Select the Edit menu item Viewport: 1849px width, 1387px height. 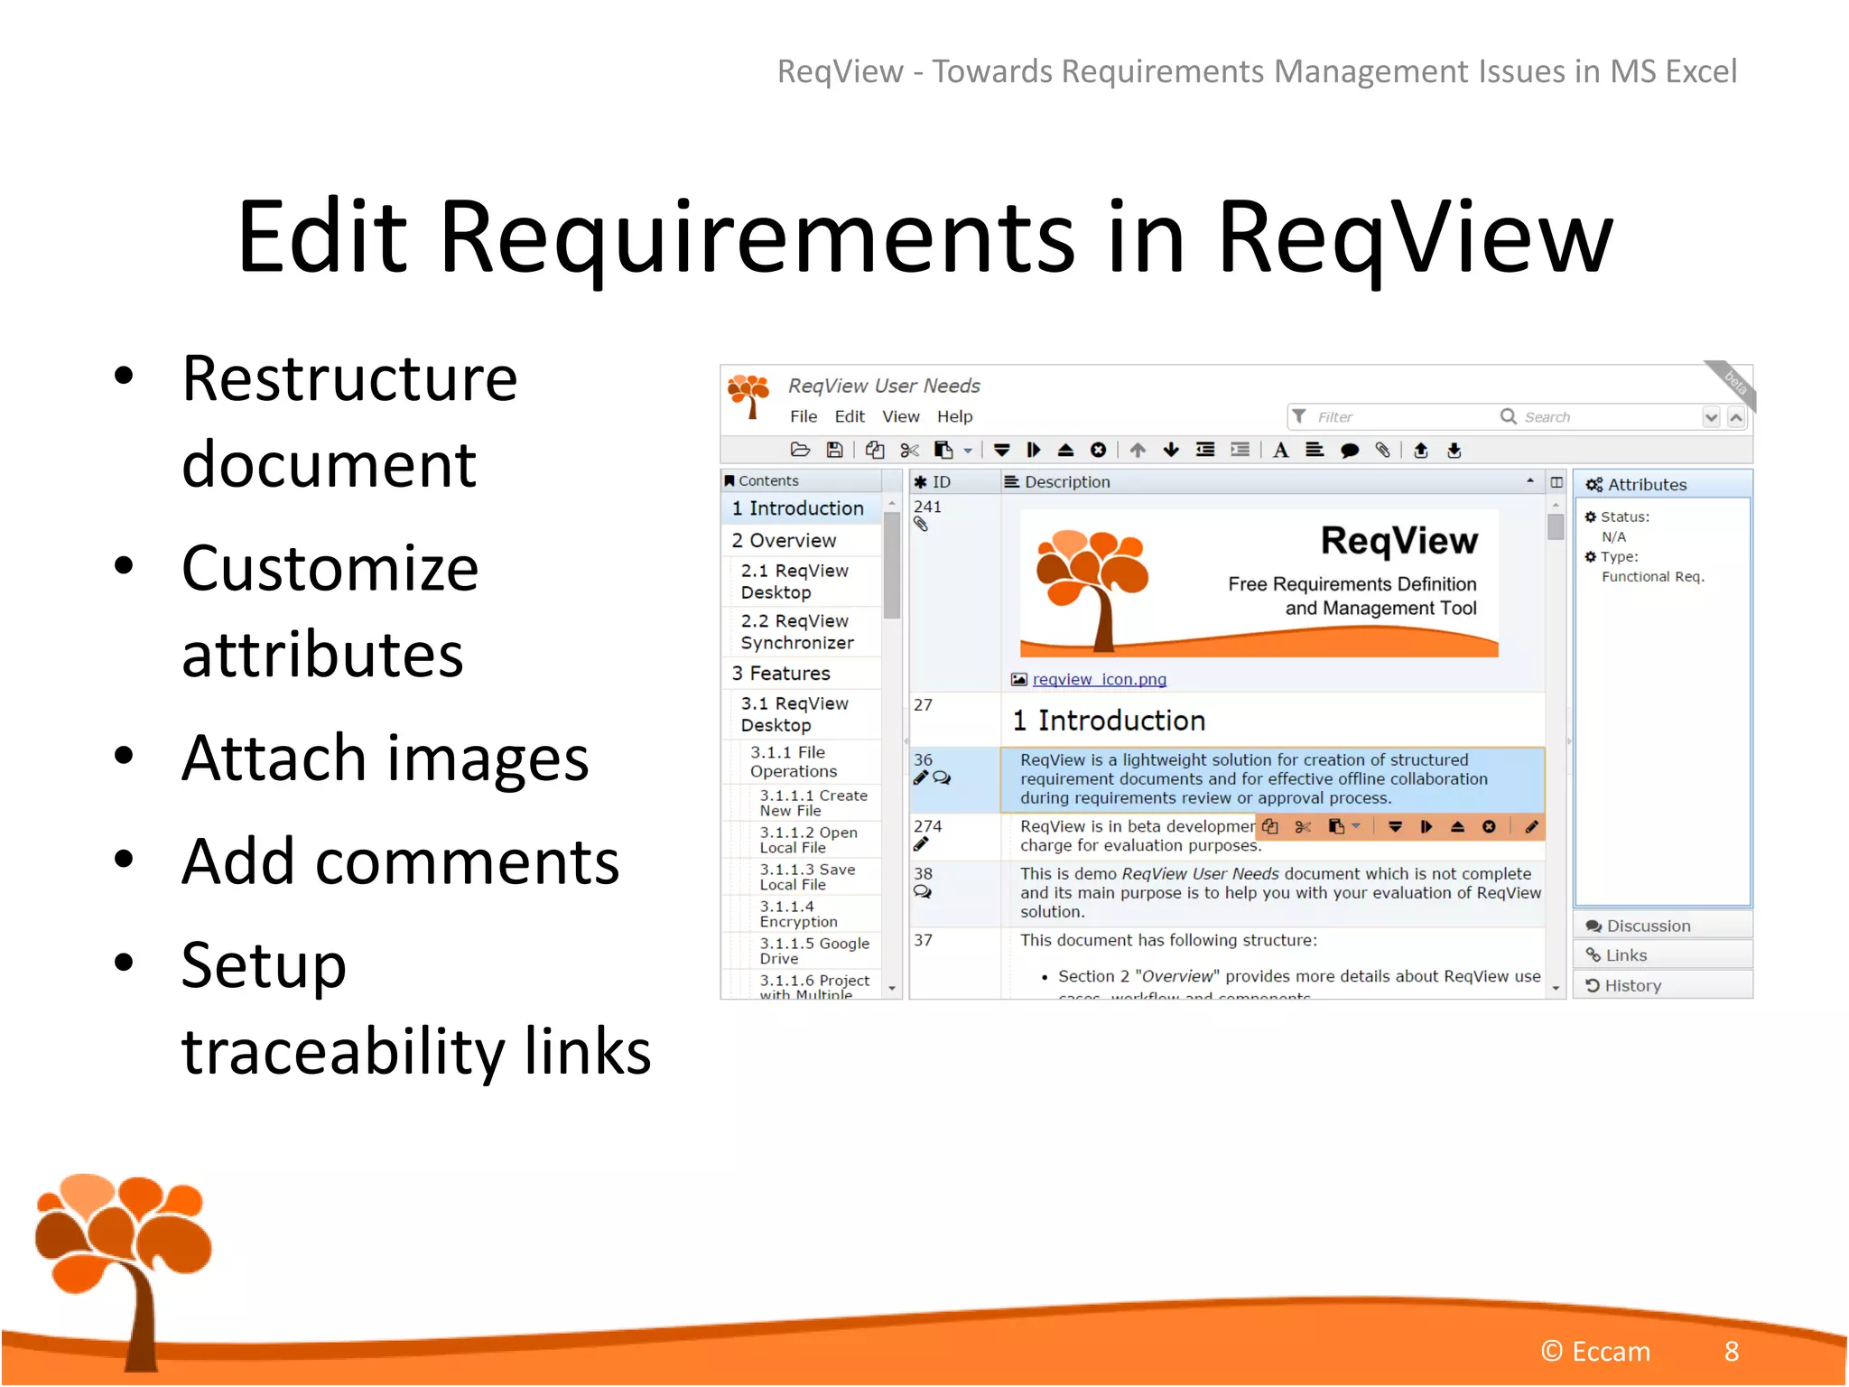849,416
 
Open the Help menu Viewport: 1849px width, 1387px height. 954,416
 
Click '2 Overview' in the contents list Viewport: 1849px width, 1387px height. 784,540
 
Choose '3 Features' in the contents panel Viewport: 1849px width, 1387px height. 781,673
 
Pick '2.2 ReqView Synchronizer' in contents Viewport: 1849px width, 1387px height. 796,632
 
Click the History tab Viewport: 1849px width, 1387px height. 1631,985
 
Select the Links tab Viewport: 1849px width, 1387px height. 1625,955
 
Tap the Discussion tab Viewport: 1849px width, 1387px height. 1648,926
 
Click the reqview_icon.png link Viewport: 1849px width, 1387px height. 1099,679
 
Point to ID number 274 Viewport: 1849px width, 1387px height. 927,826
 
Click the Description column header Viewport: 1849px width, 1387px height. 1066,482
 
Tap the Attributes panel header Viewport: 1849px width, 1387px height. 1646,485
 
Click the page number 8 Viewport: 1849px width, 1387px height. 1731,1351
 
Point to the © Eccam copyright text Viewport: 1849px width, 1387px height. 1595,1351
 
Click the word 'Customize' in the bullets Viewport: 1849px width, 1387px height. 330,569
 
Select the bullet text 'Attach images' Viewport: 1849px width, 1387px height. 385,759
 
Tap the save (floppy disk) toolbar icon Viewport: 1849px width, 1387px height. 835,450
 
